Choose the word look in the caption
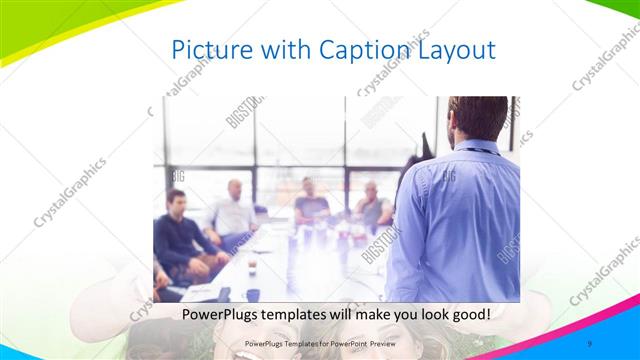tap(425, 314)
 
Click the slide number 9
tap(590, 344)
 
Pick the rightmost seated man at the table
tap(372, 205)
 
